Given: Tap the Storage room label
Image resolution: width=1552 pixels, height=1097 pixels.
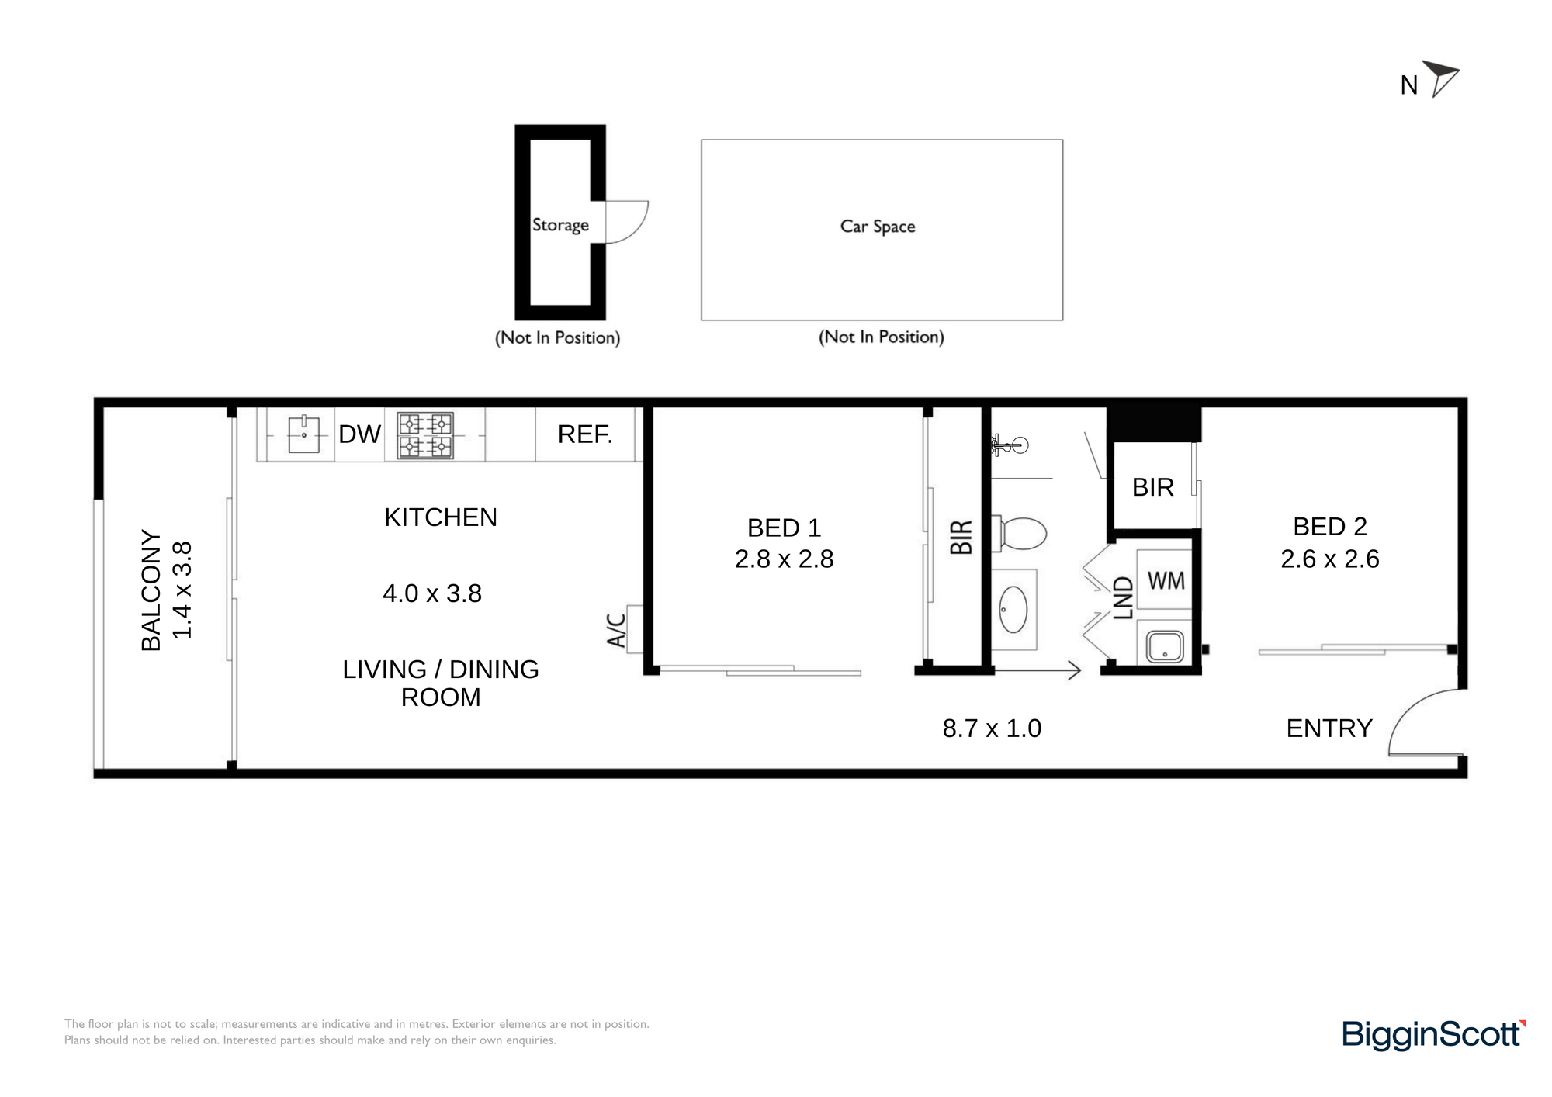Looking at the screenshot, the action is tap(560, 225).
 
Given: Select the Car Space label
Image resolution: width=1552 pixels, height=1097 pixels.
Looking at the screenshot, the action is tap(878, 227).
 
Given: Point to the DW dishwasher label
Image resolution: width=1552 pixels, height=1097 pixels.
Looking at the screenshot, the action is tap(359, 434).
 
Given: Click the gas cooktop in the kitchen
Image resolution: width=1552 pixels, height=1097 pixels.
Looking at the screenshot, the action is tap(425, 435).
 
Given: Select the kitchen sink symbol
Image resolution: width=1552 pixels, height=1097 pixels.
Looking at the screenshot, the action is tap(303, 434).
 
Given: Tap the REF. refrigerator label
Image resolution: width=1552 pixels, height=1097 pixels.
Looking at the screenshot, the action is tap(585, 434).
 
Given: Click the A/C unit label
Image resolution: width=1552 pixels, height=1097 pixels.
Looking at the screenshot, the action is tap(616, 630).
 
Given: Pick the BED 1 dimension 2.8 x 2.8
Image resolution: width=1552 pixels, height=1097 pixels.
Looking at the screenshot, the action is tap(784, 559).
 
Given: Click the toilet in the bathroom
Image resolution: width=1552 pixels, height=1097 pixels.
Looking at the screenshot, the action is tap(1020, 534).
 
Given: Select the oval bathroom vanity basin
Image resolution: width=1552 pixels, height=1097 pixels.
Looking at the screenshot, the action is tap(1013, 609).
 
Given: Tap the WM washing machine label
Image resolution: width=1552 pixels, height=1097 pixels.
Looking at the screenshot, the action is tap(1166, 580).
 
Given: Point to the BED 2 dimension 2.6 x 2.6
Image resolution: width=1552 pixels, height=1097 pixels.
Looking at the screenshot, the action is tap(1330, 559).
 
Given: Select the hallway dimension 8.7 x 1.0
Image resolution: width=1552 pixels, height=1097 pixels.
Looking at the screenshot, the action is tap(992, 728).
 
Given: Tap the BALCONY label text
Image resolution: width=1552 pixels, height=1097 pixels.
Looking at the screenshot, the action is tap(151, 590).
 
